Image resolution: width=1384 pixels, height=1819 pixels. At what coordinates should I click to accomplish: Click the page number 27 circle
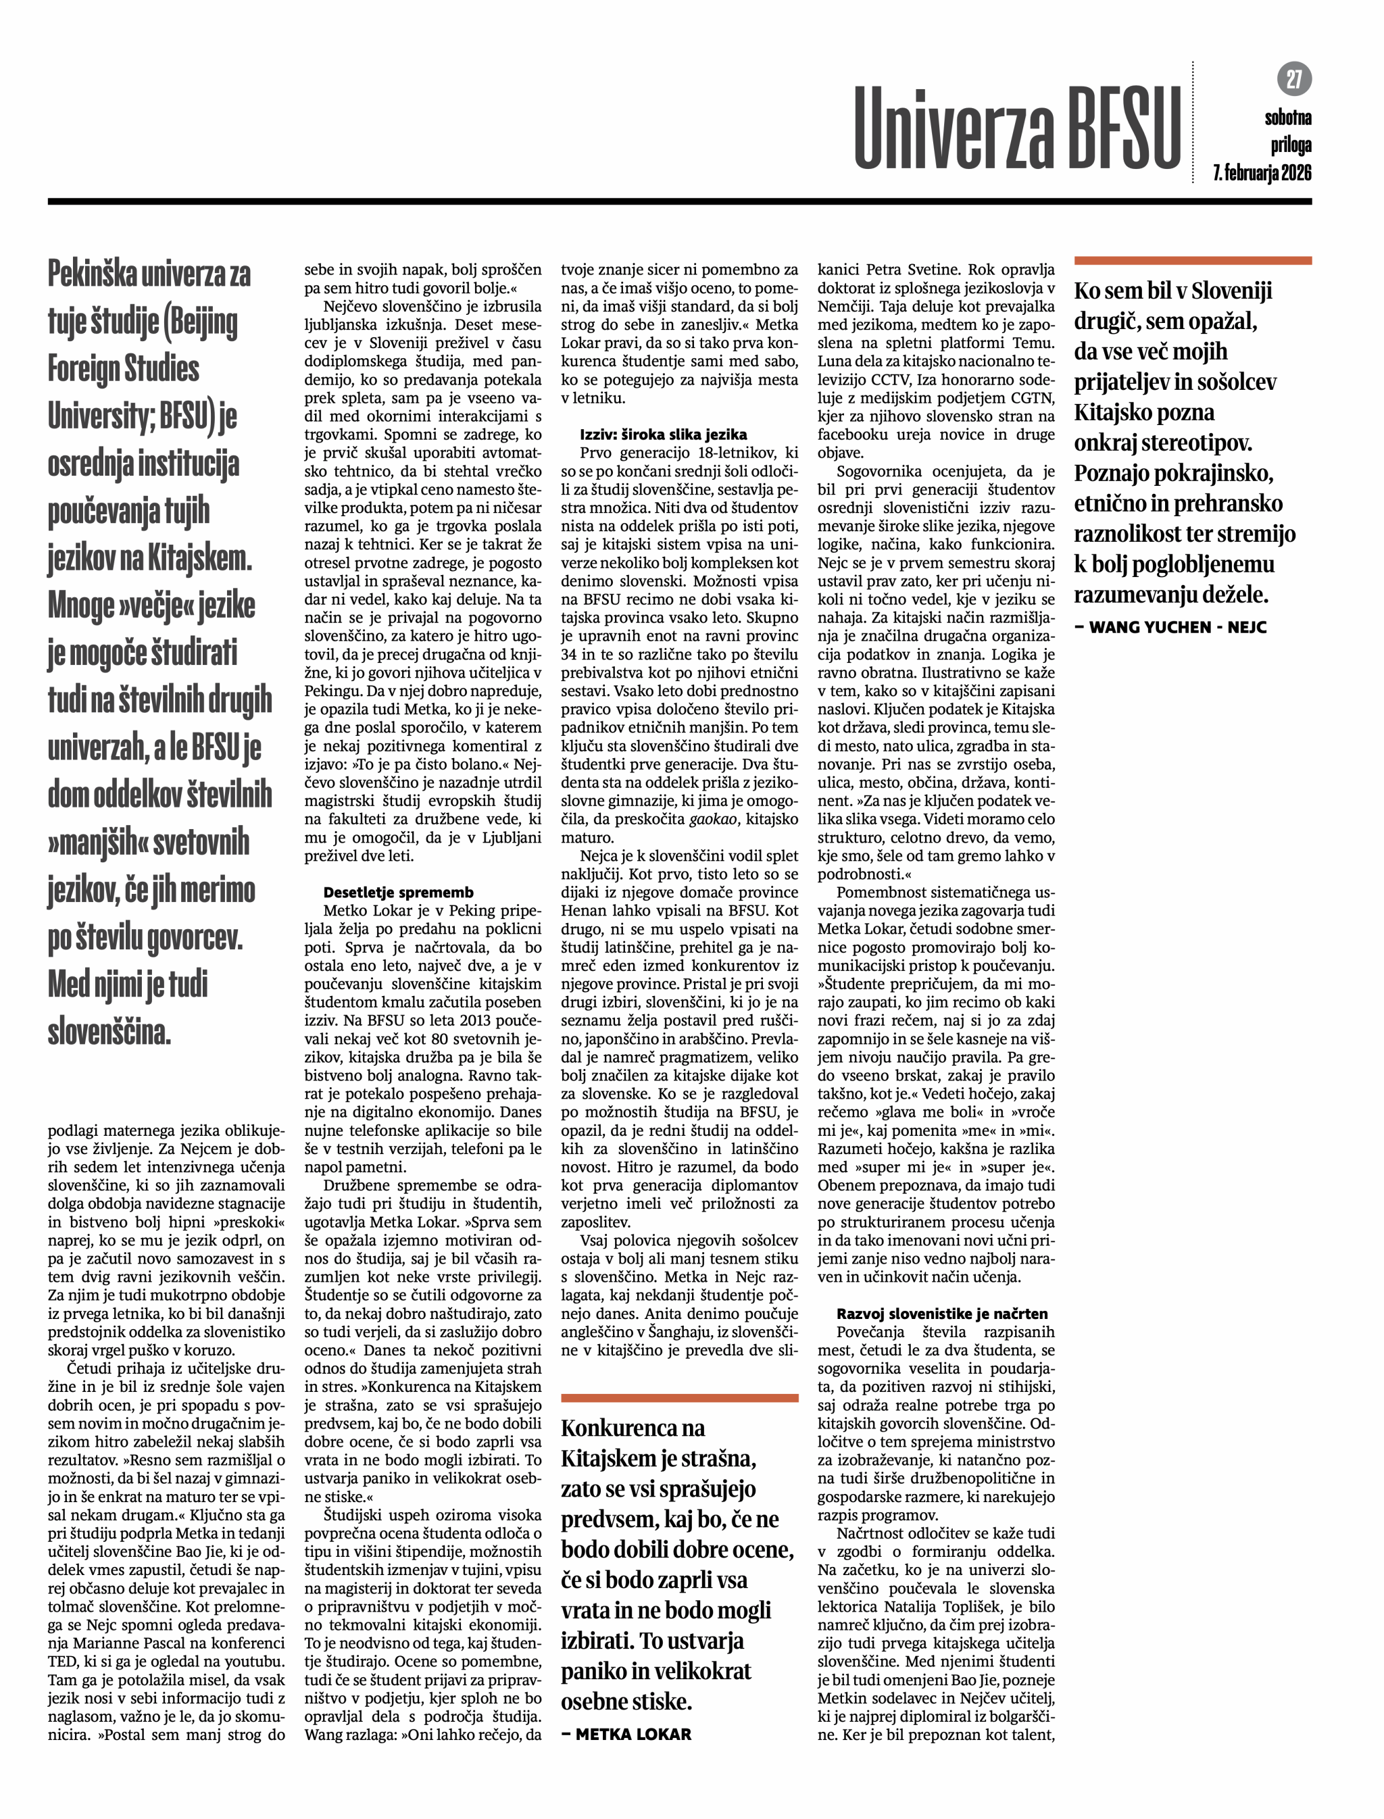coord(1294,79)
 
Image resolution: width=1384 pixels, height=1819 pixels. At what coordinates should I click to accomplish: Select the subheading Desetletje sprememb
coord(398,892)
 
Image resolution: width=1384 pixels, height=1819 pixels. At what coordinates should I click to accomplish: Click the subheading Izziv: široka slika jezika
coord(663,434)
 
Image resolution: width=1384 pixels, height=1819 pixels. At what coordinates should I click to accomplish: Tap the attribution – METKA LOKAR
coord(626,1734)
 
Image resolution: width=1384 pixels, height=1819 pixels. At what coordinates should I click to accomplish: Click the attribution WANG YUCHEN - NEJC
coord(1170,627)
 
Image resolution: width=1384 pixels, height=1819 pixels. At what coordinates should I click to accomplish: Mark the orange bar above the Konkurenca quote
coord(680,1397)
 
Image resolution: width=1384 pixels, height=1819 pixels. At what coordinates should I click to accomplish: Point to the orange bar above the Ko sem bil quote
coord(1192,260)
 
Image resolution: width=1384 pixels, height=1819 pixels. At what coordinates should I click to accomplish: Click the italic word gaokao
coord(712,820)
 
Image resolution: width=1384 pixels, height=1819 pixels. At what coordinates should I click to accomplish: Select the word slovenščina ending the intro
coord(109,1032)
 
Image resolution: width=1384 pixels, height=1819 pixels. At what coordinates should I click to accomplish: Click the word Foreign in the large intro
coord(124,368)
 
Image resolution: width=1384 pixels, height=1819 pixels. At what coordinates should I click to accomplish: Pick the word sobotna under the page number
coord(1287,118)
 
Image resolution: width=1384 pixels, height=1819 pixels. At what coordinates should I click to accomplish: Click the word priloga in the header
coord(1290,146)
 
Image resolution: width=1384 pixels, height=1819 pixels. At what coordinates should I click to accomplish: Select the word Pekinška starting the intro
coord(91,274)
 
